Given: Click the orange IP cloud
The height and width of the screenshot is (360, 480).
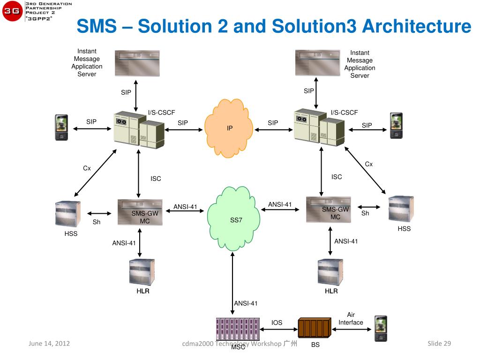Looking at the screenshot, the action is click(x=229, y=128).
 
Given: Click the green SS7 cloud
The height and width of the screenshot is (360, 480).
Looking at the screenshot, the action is click(x=233, y=218).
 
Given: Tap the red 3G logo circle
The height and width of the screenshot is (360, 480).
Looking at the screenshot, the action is click(x=12, y=11).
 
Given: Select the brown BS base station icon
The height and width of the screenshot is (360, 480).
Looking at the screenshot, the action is click(x=315, y=328).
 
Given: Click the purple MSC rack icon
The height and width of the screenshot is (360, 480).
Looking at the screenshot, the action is click(x=238, y=329).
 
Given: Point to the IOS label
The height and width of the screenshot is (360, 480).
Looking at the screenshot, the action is click(x=277, y=322).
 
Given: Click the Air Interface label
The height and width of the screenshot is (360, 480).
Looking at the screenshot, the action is click(x=351, y=319).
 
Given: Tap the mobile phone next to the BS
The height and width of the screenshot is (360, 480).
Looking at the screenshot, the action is click(x=381, y=329).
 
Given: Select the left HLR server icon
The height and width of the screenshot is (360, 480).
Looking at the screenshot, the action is click(x=142, y=272).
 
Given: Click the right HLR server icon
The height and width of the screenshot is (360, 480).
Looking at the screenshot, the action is click(x=330, y=272).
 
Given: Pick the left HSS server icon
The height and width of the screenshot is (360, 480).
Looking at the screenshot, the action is click(x=68, y=214).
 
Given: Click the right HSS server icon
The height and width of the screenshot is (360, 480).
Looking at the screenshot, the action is click(x=401, y=209).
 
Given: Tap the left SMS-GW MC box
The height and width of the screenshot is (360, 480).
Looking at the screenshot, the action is click(x=140, y=212).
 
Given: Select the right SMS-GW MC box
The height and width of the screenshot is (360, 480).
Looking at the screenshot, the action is click(x=329, y=210).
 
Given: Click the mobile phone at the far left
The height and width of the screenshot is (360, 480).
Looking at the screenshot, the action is click(x=61, y=127).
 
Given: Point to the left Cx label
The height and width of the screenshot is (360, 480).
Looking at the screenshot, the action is click(x=87, y=168).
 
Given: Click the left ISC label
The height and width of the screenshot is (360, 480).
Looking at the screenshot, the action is click(x=156, y=179).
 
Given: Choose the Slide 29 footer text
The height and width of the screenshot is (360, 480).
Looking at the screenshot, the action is click(x=439, y=344).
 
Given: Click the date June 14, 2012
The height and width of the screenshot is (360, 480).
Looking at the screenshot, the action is click(x=49, y=344).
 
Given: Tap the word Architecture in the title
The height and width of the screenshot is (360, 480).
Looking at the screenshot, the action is click(x=417, y=26).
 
